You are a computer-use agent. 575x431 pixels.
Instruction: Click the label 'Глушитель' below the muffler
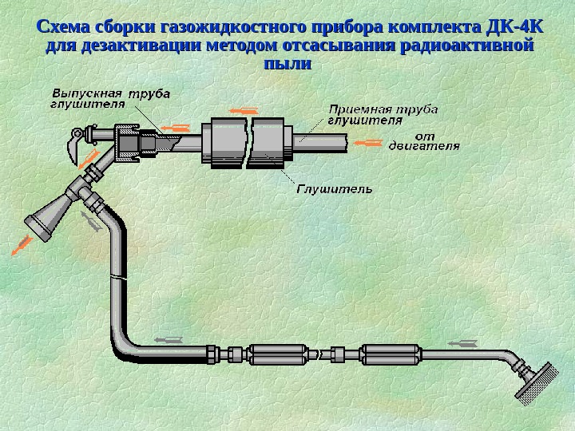point(335,189)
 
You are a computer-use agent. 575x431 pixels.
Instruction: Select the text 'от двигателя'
point(424,141)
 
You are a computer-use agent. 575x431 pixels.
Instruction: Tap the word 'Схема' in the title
point(66,27)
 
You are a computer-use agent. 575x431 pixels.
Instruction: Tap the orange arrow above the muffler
point(244,110)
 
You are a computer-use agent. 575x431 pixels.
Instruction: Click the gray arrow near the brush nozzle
point(462,343)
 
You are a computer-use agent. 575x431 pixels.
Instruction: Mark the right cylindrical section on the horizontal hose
point(390,354)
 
